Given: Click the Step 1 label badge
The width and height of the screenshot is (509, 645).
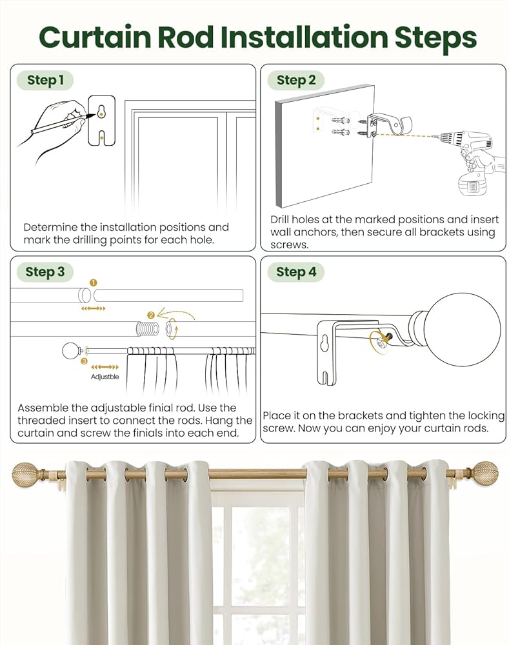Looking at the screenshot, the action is point(45,81).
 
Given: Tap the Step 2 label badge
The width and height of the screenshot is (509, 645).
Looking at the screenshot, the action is point(296,81).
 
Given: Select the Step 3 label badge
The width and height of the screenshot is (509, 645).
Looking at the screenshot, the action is point(45,272).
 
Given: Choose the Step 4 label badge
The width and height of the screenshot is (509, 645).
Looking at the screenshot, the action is point(296,272).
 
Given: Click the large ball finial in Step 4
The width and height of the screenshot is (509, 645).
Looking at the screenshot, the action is point(462,320).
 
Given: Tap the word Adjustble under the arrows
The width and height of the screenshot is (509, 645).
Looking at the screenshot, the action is point(105,377).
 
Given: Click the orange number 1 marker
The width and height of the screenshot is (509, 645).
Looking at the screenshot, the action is point(93,283).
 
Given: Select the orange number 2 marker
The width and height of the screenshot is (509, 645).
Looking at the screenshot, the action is point(151,315).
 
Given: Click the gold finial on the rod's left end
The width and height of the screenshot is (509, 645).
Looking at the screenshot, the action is point(27,475).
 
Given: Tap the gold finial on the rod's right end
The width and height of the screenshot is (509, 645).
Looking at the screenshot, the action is point(483,475).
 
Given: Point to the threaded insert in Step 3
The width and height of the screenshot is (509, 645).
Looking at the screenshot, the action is point(148,328).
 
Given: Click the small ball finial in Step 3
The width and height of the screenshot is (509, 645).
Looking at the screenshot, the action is point(70,351).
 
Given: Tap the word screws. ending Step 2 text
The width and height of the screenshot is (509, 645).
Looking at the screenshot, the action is point(290,245).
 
